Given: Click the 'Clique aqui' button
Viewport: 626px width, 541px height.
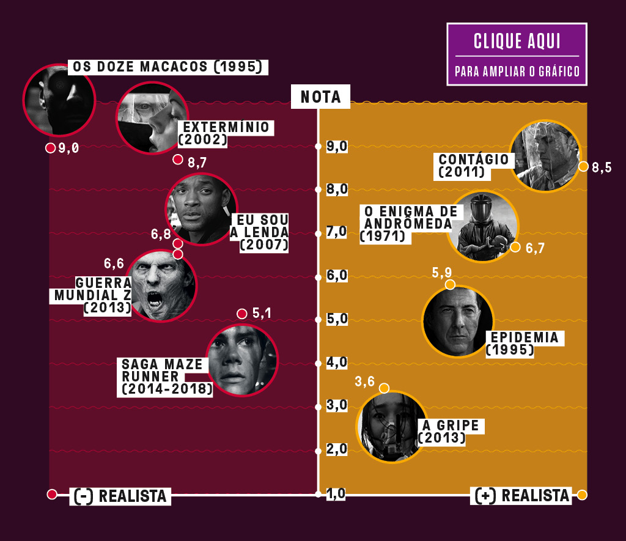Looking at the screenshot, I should point(517,54).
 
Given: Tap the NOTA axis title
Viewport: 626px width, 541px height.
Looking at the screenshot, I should point(320,97).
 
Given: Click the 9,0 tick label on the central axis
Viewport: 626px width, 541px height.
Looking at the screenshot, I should point(337,146).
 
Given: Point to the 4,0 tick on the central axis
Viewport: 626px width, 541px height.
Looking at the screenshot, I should point(318,363).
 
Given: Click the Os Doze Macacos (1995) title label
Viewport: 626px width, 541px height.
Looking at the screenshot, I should point(168,67).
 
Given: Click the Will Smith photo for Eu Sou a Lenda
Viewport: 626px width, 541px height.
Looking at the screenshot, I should point(201,208).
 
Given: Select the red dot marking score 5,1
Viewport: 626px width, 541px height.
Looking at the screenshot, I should point(241,314).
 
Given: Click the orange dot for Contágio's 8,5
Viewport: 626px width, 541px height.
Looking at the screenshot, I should point(583,166).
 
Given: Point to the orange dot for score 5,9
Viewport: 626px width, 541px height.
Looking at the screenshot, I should point(450,284).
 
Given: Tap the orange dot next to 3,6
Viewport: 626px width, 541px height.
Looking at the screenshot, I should point(384,388).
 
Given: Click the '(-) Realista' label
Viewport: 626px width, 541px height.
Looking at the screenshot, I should point(120,496).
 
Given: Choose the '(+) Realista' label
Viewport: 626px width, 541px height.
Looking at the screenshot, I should point(521,496).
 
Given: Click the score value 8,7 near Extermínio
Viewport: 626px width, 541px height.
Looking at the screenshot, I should point(197,163).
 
